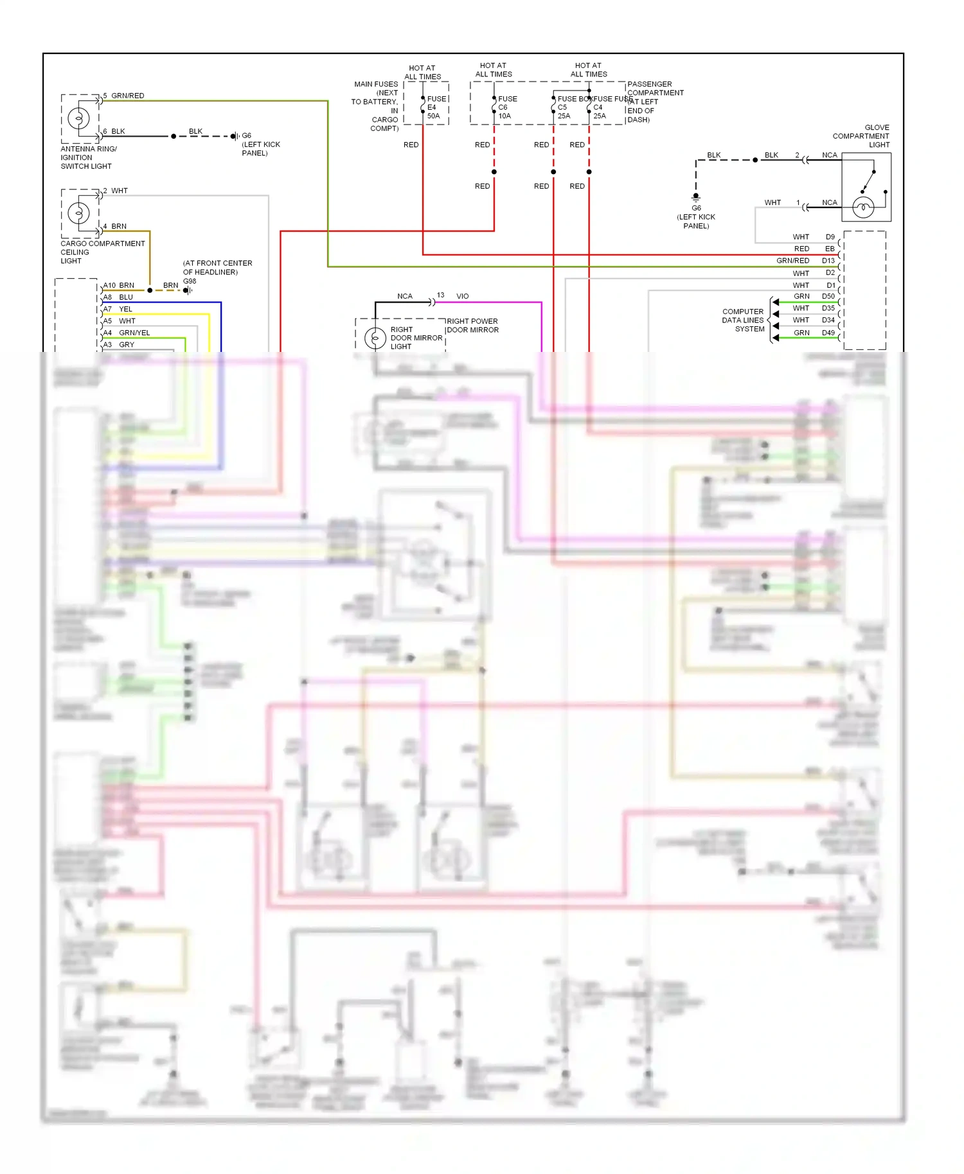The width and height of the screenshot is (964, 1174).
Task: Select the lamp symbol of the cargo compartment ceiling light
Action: (x=79, y=212)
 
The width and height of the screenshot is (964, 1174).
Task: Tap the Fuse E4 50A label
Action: (x=435, y=107)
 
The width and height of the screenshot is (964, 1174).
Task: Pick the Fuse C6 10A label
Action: (x=506, y=107)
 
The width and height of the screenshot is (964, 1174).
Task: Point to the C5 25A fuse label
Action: (x=564, y=112)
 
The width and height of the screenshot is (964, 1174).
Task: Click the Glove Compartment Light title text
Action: (x=862, y=136)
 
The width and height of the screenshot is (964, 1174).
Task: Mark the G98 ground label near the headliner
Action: (x=190, y=281)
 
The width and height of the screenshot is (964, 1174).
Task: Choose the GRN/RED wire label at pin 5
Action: (x=127, y=96)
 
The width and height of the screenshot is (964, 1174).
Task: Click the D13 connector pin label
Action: (x=828, y=261)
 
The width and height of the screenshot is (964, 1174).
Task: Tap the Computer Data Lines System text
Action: (x=743, y=320)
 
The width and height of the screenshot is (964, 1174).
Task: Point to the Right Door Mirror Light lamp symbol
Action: (x=375, y=338)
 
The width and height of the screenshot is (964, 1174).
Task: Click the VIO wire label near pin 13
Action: (x=462, y=296)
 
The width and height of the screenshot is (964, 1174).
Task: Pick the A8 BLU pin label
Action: (x=118, y=297)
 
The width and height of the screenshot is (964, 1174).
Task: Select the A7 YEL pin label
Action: (x=118, y=309)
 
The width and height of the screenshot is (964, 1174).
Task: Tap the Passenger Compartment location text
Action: (x=654, y=101)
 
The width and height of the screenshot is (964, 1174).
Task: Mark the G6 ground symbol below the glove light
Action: (x=695, y=197)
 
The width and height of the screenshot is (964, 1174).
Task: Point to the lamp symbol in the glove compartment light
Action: (x=863, y=207)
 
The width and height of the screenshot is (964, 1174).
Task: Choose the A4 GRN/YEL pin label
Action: (x=127, y=333)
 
